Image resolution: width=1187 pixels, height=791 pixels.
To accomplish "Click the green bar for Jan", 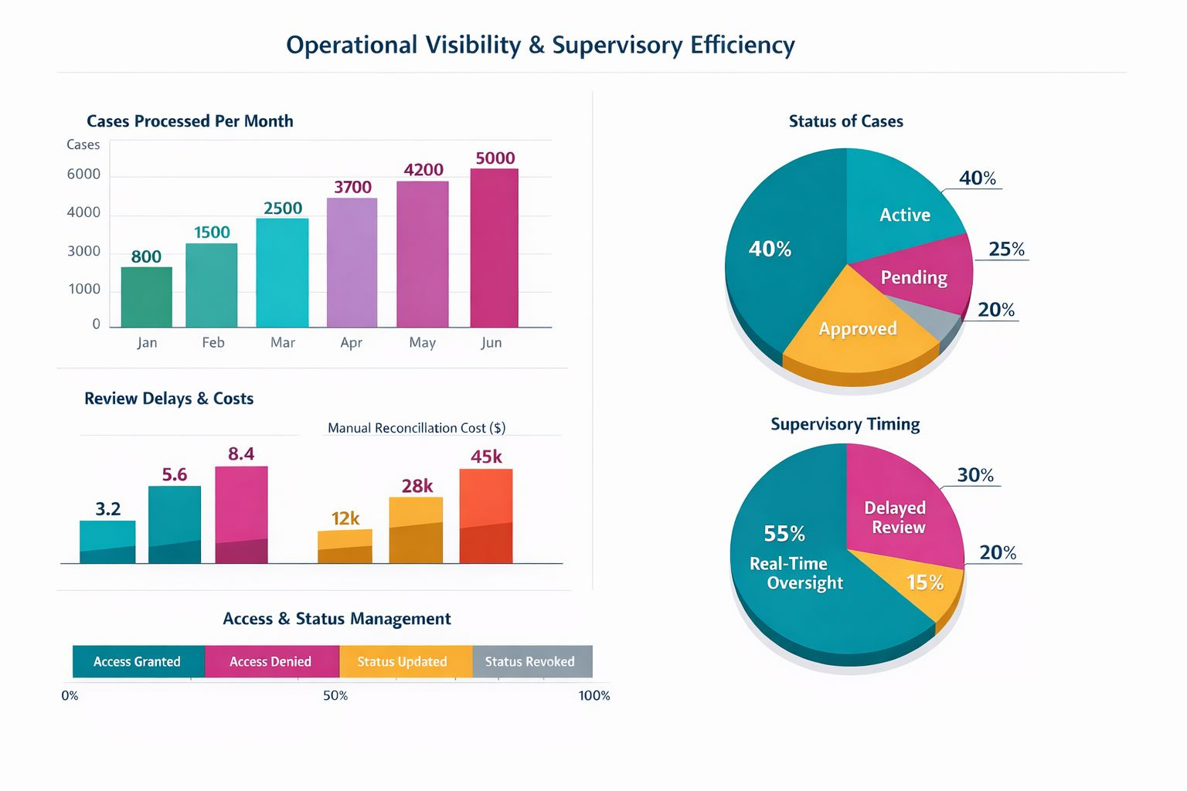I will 147,297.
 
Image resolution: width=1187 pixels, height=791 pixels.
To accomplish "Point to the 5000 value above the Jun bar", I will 495,158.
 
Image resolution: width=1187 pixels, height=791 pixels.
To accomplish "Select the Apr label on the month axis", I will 351,342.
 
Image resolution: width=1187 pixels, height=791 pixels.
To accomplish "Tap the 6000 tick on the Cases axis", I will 83,175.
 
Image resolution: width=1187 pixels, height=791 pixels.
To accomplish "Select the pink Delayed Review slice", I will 900,510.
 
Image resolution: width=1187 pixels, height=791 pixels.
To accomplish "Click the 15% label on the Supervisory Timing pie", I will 925,582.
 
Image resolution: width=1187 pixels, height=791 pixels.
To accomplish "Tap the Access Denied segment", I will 270,662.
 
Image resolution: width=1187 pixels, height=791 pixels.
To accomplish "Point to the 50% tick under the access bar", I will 335,696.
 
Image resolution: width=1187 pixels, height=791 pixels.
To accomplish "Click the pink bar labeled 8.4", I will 241,514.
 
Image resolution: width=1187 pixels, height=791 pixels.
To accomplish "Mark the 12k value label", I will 345,518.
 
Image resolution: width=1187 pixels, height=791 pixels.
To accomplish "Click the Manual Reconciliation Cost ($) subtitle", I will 417,428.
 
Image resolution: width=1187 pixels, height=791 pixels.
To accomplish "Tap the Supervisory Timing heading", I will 845,424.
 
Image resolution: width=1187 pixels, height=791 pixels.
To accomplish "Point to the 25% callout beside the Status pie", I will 1006,250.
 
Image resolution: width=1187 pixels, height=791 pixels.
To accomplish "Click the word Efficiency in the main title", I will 743,45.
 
